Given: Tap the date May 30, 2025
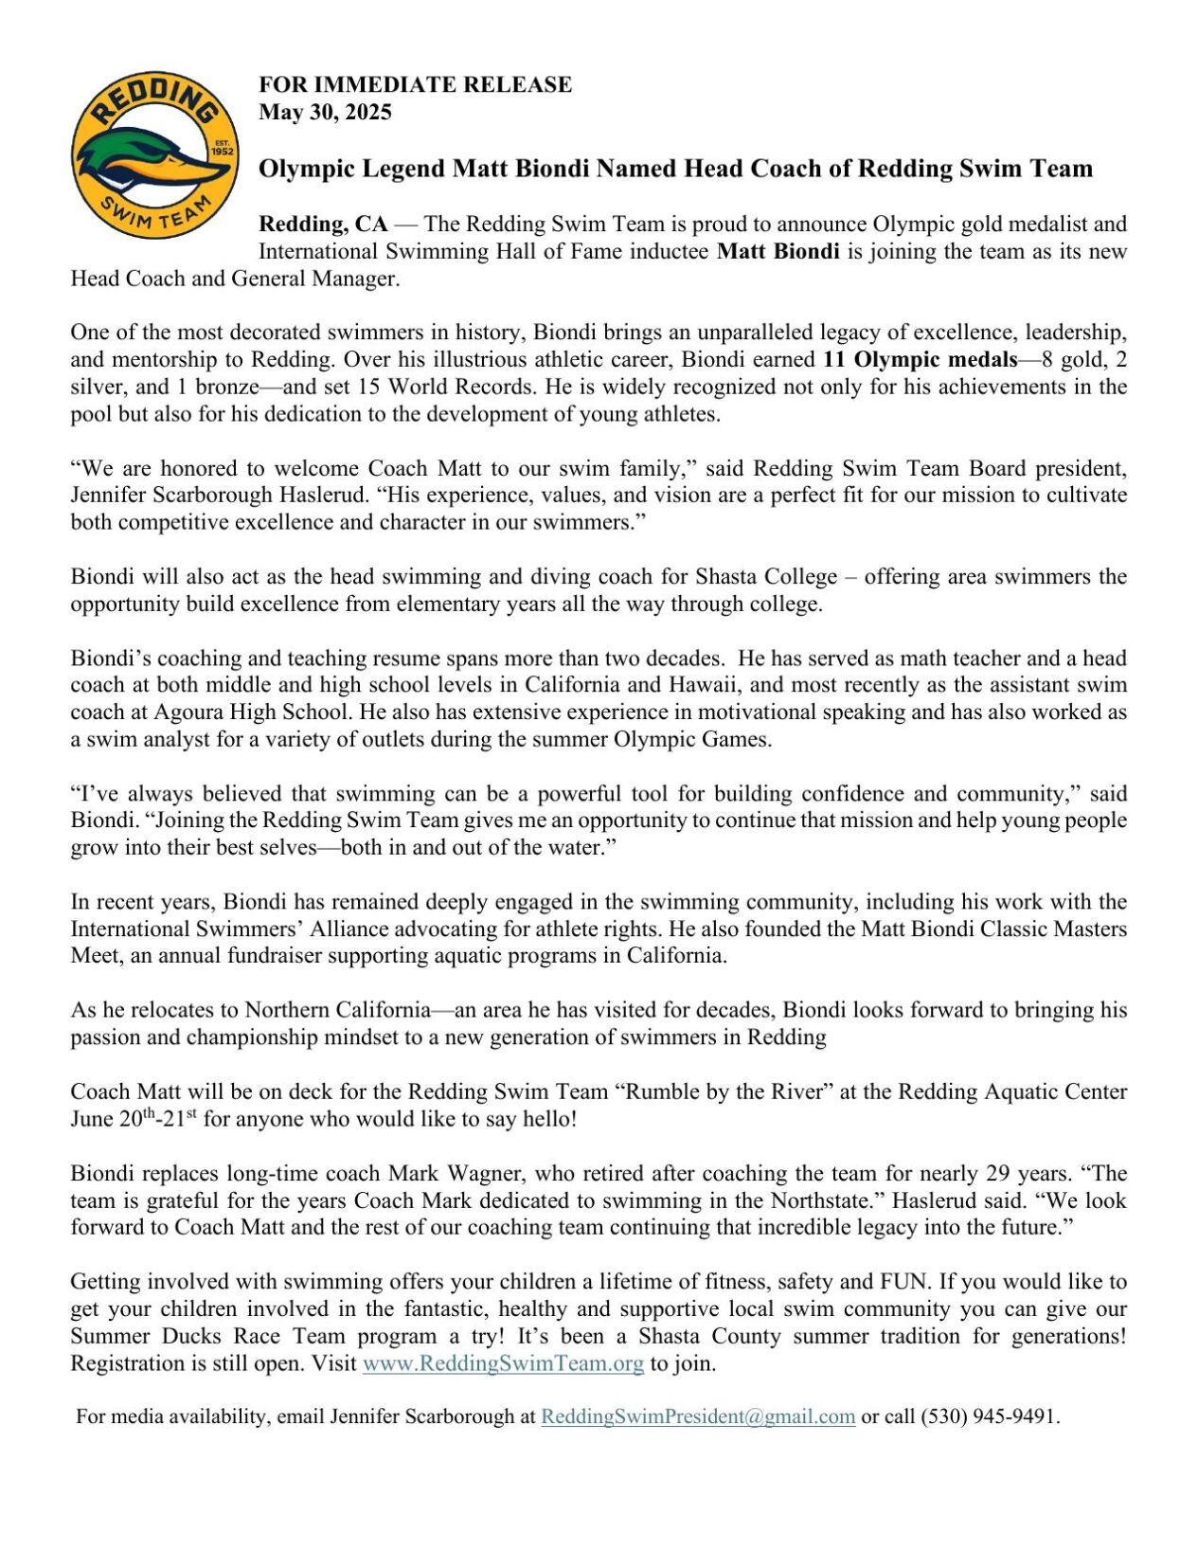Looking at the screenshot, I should pyautogui.click(x=325, y=112).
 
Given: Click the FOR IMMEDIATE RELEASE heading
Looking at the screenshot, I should pyautogui.click(x=415, y=84).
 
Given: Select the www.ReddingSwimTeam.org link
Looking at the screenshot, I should pyautogui.click(x=503, y=1363).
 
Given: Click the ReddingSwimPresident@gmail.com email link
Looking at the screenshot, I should pyautogui.click(x=698, y=1416).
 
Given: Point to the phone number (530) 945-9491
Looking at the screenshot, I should pyautogui.click(x=989, y=1416).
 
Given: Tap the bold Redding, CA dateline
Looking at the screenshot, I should pyautogui.click(x=323, y=224).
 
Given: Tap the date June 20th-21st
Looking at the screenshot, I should pyautogui.click(x=133, y=1118).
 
